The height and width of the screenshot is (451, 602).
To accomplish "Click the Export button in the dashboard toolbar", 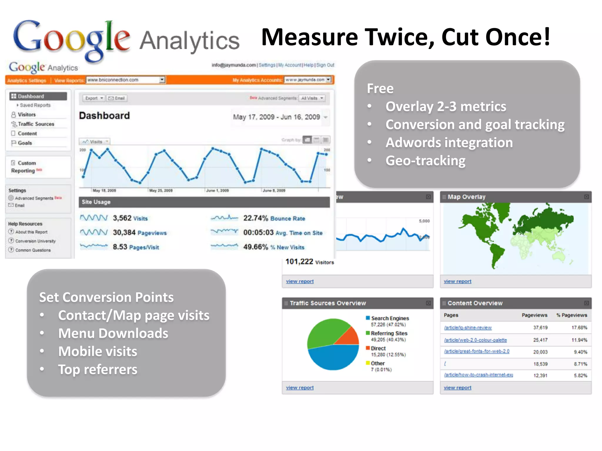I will click(94, 98).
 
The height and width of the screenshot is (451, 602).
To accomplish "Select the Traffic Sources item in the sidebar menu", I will click(36, 124).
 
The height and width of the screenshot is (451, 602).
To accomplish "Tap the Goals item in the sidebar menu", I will click(25, 143).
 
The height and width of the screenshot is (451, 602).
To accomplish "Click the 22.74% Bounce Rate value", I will click(274, 218).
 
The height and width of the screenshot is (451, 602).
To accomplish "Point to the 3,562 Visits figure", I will click(130, 218).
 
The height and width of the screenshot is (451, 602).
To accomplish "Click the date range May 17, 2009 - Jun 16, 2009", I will click(276, 117).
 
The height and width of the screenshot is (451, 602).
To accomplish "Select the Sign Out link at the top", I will click(325, 65).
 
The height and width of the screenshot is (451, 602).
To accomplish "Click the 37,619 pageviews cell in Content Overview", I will click(540, 327).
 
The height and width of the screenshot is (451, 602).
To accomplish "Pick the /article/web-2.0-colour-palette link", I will click(475, 340).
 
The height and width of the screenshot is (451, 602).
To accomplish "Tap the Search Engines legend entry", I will click(390, 318).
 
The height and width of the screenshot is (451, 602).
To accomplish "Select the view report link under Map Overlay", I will click(457, 281).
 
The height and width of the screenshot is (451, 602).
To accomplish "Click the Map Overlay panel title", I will click(466, 197).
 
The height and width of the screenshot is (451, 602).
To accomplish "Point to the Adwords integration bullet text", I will click(449, 143).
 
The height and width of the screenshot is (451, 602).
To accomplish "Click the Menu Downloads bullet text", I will click(113, 333).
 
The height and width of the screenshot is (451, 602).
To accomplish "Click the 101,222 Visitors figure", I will click(310, 262).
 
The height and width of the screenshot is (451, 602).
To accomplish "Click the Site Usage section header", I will click(96, 202).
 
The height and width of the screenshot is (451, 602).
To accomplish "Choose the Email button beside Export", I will click(117, 98).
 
